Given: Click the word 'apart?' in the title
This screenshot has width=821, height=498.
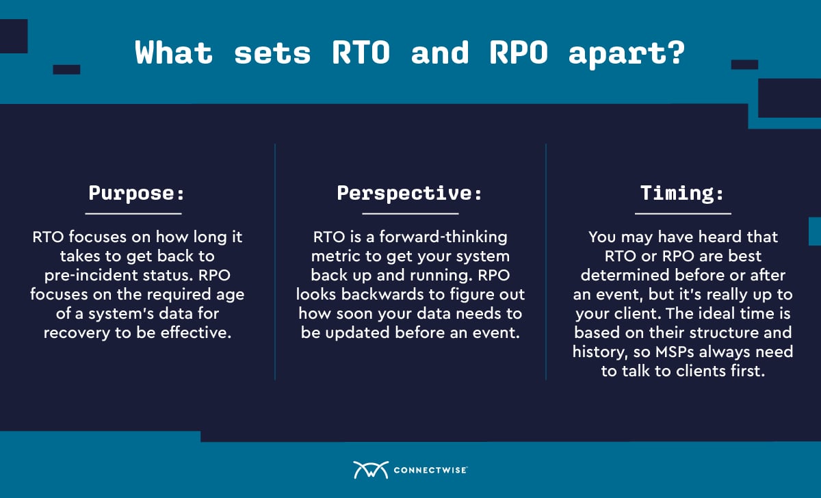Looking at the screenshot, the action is click(627, 53).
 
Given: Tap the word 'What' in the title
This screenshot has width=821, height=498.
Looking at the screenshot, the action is click(174, 53).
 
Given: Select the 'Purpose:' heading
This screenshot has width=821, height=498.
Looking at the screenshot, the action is click(136, 193).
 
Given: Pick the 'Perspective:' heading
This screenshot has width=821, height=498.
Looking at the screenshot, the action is click(409, 193).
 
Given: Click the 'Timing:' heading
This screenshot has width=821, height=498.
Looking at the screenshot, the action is click(682, 193).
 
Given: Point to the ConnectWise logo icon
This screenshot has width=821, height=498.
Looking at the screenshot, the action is click(371, 470).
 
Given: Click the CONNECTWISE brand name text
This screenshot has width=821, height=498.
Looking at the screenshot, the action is click(430, 470).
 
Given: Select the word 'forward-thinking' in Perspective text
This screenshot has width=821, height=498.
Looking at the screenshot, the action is click(443, 237).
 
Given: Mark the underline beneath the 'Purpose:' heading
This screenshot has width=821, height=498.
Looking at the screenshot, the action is click(133, 213).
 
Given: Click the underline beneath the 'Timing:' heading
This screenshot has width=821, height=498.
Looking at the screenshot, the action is click(683, 213).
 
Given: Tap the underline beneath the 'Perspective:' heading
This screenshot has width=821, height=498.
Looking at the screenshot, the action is click(410, 213).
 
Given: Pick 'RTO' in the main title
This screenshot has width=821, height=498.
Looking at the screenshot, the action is click(361, 53).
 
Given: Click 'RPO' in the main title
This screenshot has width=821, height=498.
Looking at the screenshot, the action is click(519, 53).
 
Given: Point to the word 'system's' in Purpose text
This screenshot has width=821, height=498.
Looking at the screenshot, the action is click(116, 314).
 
